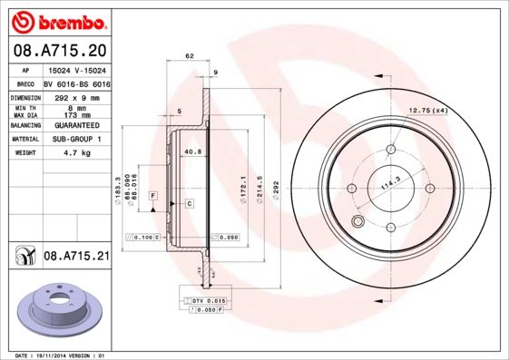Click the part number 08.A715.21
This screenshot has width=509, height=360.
pos(76,257)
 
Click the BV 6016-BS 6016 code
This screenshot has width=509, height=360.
pos(77,82)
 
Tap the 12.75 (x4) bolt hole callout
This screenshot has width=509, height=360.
pos(429,111)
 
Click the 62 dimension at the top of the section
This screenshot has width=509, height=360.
pos(190,56)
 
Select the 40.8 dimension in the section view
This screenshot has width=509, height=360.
pos(192,152)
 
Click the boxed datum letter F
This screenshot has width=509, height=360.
pos(154,196)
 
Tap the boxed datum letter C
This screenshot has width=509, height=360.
pos(189,202)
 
